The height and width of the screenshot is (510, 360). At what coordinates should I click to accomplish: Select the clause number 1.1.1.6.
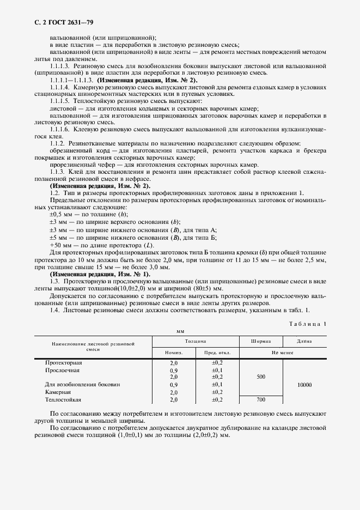coord(61,130)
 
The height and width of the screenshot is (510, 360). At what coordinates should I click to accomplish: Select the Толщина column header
coord(194,341)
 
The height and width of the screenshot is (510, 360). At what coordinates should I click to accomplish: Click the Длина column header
coord(304,341)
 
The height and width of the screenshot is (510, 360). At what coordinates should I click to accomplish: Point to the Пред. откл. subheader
coord(218,353)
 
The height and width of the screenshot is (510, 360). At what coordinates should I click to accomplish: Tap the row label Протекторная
coord(64,362)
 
